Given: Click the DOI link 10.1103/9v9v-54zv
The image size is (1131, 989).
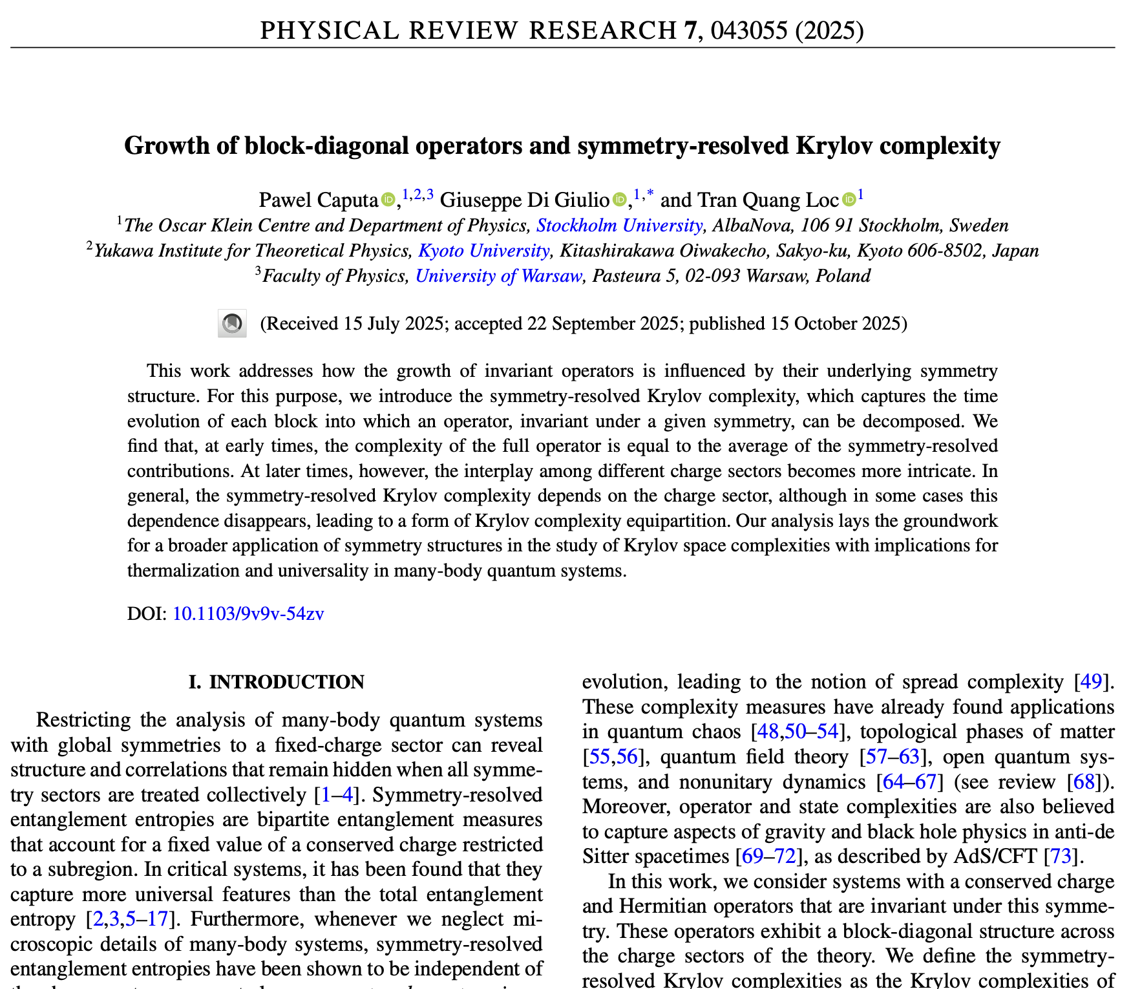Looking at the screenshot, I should (248, 613).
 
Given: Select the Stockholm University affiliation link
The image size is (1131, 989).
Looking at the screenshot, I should (619, 226).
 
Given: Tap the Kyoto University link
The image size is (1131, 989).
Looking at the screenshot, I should (484, 251).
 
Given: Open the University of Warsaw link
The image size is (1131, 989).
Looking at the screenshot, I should (498, 276).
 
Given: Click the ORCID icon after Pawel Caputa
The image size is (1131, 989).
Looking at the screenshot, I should (388, 200).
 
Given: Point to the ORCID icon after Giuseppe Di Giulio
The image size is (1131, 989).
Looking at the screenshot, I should (619, 200).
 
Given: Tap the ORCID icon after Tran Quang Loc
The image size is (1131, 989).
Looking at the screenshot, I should (849, 200).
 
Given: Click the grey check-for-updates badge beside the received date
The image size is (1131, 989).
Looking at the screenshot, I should (232, 323).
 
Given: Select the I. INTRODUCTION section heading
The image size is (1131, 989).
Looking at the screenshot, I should (277, 683).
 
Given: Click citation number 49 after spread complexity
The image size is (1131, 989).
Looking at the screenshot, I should (1091, 682).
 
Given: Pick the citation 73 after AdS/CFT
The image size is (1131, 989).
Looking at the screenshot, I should (1061, 856).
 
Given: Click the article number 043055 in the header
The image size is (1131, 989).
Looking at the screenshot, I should (748, 30).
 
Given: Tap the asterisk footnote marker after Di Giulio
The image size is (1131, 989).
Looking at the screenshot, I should (650, 194).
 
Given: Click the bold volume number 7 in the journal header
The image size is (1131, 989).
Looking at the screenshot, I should (697, 30).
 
